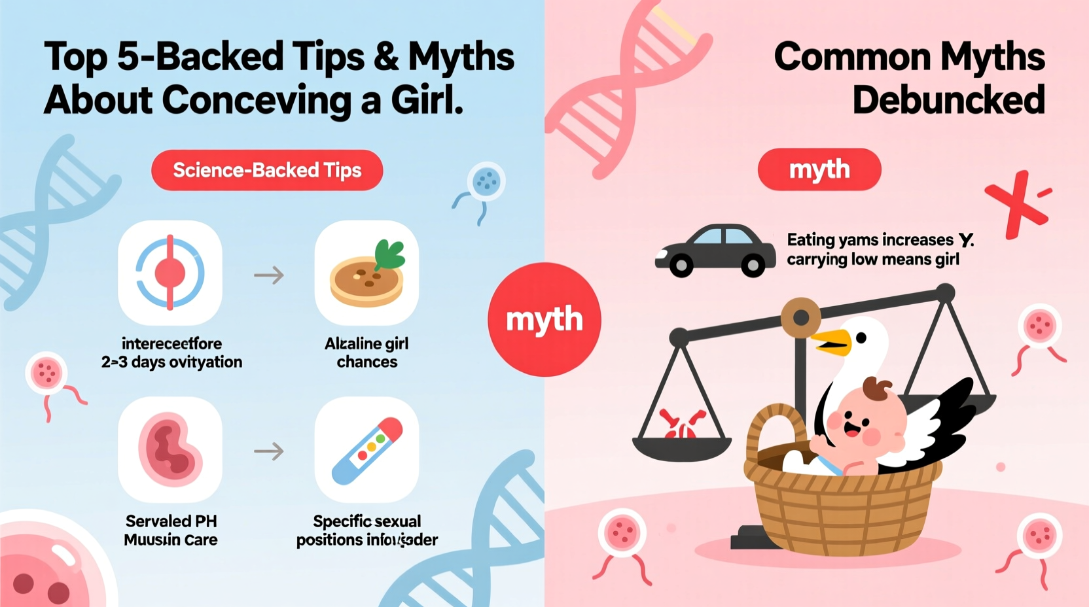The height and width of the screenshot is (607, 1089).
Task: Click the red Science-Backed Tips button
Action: [267, 170]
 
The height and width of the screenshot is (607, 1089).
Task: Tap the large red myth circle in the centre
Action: [544, 319]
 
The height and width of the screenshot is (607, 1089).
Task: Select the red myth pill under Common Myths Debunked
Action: [819, 169]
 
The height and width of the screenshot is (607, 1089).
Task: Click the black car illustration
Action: [715, 251]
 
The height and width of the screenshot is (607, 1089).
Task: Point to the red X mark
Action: [1016, 203]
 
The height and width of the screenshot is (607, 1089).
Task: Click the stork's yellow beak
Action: [830, 341]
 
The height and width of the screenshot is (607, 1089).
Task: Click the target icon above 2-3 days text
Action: [170, 273]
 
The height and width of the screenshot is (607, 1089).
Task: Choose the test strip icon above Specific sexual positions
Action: [366, 450]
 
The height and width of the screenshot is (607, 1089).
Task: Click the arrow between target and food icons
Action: [269, 275]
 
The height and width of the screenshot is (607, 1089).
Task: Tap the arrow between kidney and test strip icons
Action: [269, 451]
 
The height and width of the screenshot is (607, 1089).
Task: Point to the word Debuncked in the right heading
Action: [948, 100]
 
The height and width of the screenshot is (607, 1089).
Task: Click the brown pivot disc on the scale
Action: [800, 318]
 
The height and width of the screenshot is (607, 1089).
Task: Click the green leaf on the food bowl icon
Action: [390, 254]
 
